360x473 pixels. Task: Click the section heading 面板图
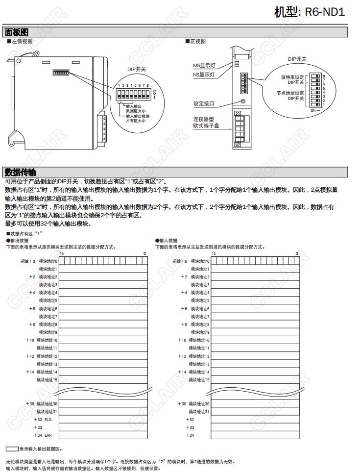coord(17,32)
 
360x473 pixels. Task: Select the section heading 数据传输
coord(20,172)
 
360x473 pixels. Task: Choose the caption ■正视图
coord(195,41)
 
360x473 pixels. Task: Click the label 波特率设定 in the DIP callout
coord(292,77)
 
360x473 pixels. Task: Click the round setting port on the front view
coord(243,101)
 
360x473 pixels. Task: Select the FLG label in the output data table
coord(48,420)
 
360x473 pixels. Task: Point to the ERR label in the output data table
coord(48,435)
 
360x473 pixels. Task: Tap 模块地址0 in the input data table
coord(200,261)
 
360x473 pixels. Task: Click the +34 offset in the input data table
coord(190,435)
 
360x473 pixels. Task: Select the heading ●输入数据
coord(166,241)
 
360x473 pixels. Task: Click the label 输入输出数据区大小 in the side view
coord(136,109)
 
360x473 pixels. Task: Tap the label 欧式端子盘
coord(206,126)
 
